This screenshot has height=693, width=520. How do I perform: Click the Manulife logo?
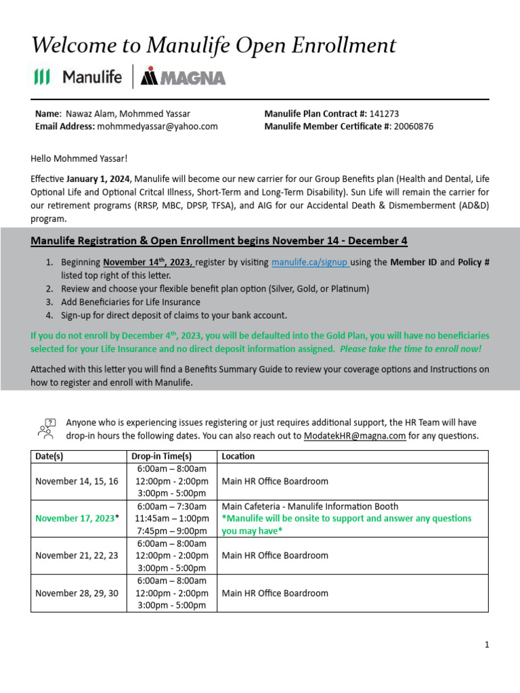pyautogui.click(x=78, y=77)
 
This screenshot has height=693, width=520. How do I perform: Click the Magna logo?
pyautogui.click(x=183, y=78)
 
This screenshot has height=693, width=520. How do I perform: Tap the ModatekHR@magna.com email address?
pyautogui.click(x=354, y=436)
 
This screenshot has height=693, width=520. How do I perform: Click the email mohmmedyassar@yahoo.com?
pyautogui.click(x=157, y=127)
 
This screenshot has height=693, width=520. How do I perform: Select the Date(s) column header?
pyautogui.click(x=49, y=456)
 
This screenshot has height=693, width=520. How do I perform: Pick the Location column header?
pyautogui.click(x=238, y=456)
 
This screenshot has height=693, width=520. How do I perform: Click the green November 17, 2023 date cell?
pyautogui.click(x=75, y=518)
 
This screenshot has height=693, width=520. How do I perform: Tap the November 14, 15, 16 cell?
pyautogui.click(x=77, y=481)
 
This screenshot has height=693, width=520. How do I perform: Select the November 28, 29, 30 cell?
pyautogui.click(x=77, y=593)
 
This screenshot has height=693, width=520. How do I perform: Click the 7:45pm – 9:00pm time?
pyautogui.click(x=172, y=531)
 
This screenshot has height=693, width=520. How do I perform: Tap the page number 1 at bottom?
pyautogui.click(x=486, y=645)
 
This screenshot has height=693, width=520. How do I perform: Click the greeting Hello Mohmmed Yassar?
pyautogui.click(x=79, y=159)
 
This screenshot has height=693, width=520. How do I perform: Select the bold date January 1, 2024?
pyautogui.click(x=99, y=179)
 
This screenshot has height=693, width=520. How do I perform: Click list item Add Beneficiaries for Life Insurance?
pyautogui.click(x=131, y=302)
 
